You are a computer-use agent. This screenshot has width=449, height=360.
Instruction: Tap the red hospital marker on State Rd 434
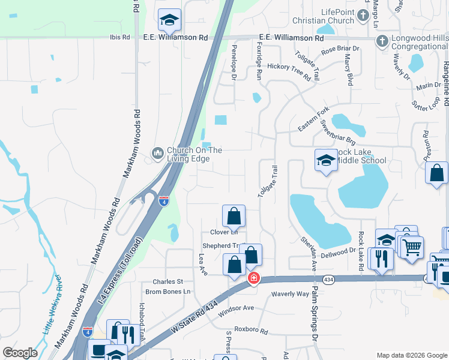(x=253, y=278)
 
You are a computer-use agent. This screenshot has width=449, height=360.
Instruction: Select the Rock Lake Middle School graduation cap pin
(x=325, y=160)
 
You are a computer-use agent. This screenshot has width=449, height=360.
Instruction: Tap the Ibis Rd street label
(x=119, y=37)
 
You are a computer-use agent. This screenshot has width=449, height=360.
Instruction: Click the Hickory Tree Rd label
(x=289, y=71)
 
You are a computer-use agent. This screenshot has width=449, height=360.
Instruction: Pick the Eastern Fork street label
(x=313, y=120)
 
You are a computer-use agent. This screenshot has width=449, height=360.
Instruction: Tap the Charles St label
(x=167, y=281)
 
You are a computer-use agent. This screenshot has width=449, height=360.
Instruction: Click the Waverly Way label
(x=290, y=293)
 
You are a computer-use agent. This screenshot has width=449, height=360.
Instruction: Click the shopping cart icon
(x=412, y=246)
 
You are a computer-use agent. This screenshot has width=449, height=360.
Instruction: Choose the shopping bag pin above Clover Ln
(x=234, y=216)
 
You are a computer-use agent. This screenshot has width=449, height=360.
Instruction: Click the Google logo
(x=20, y=353)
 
